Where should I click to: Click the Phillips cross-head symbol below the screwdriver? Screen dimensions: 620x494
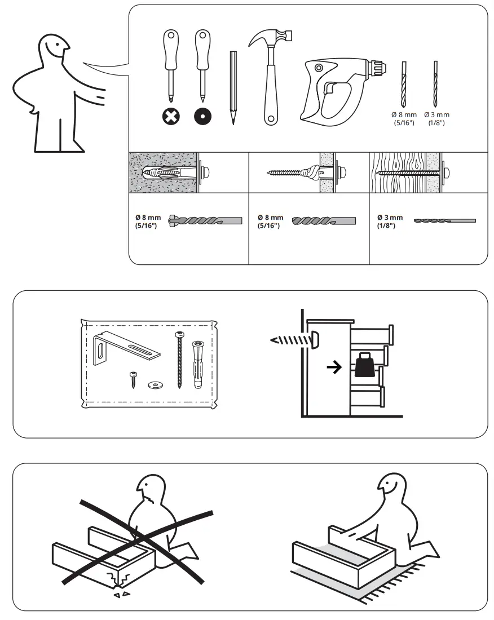pyautogui.click(x=170, y=117)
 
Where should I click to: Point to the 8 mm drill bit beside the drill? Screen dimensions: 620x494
pyautogui.click(x=403, y=84)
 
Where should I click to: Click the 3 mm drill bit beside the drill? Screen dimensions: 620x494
pyautogui.click(x=435, y=84)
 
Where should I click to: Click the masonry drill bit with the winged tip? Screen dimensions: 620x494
pyautogui.click(x=205, y=220)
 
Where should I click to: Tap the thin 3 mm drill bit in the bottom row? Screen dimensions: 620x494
pyautogui.click(x=444, y=220)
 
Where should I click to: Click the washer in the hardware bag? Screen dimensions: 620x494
pyautogui.click(x=152, y=385)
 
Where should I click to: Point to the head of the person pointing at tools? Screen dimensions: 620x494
pyautogui.click(x=51, y=51)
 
